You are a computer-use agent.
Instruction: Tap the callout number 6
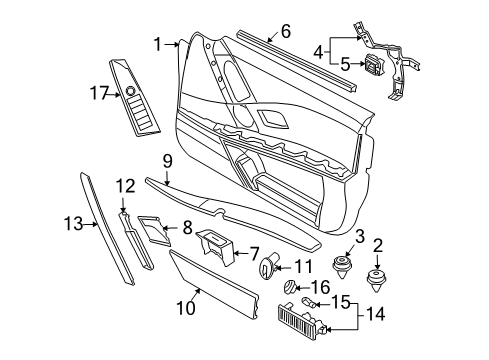pos(285,31)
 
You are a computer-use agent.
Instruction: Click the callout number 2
pos(378,245)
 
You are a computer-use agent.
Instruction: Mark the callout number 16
pos(321,286)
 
